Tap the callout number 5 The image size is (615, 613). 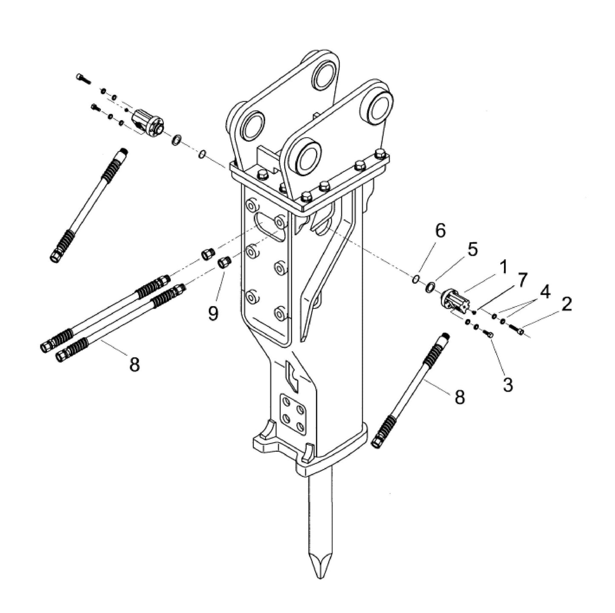tap(472, 250)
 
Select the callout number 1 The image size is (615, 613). tap(503, 268)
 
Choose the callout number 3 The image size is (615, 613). tap(507, 384)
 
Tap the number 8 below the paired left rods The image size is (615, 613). tap(134, 364)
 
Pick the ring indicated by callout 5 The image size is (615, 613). tap(430, 287)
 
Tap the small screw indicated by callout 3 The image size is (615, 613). tap(491, 335)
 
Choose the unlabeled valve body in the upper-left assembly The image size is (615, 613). tap(147, 123)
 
